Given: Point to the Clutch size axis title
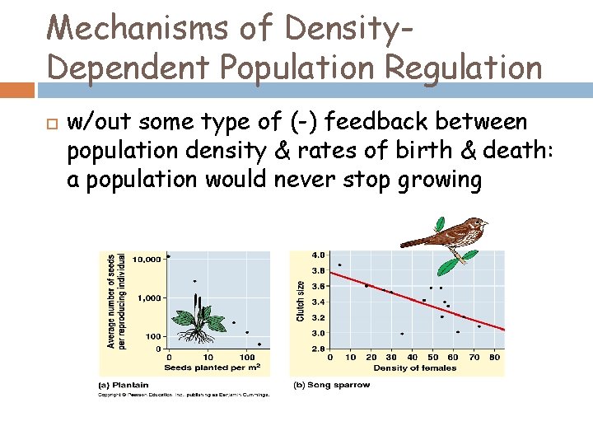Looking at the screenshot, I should click(x=301, y=302).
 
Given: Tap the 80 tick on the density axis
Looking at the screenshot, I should click(x=494, y=358).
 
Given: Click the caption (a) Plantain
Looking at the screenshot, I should click(x=124, y=385).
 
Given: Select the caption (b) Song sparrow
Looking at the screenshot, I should click(x=332, y=385).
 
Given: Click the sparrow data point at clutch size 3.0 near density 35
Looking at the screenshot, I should click(x=402, y=334).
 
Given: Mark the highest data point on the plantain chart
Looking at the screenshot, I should click(x=168, y=256).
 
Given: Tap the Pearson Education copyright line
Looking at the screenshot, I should click(x=184, y=395).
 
